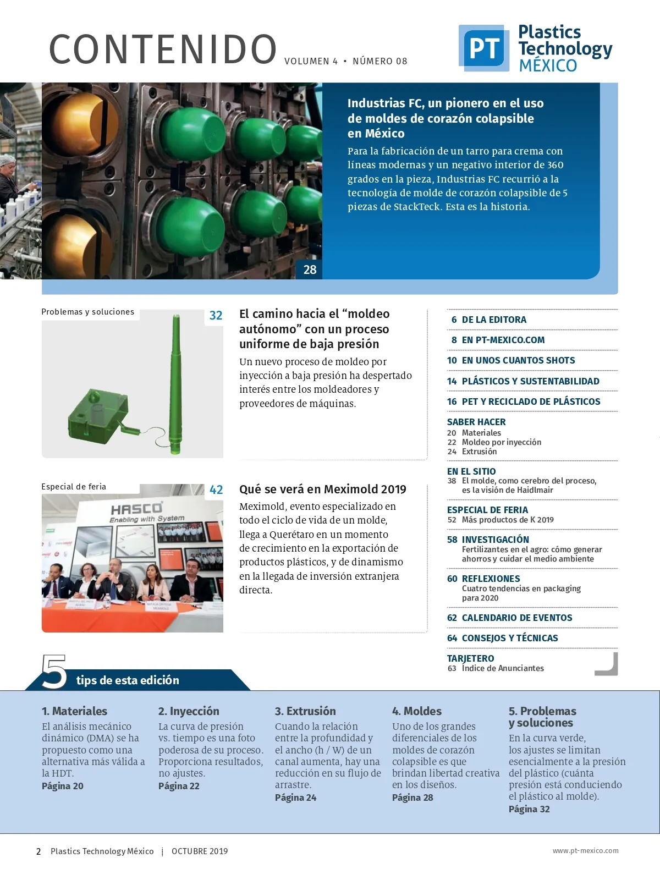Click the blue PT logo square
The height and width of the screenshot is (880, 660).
tap(484, 48)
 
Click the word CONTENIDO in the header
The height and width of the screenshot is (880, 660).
tap(163, 50)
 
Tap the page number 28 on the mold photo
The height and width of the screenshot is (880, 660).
tap(310, 269)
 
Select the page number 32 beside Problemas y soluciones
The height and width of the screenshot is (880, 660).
tap(216, 316)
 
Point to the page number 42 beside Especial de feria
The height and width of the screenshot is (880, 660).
tap(216, 490)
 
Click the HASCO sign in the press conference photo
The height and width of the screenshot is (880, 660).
tap(136, 509)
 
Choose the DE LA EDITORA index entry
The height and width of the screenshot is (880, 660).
tap(494, 320)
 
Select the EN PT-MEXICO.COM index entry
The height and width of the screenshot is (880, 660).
tap(503, 340)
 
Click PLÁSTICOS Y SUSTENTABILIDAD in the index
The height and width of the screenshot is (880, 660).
tap(530, 381)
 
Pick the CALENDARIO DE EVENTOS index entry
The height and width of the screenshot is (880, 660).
tap(516, 618)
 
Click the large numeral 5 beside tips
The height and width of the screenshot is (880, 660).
tap(54, 672)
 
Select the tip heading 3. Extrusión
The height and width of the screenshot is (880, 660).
tap(305, 711)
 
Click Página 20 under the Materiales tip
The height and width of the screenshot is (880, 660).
tap(63, 786)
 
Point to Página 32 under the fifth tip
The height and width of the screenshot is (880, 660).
tap(529, 809)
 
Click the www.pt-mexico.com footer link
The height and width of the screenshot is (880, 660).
tap(585, 850)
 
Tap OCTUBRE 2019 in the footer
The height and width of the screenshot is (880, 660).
tap(200, 851)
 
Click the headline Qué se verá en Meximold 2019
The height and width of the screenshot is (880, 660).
tap(322, 490)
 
